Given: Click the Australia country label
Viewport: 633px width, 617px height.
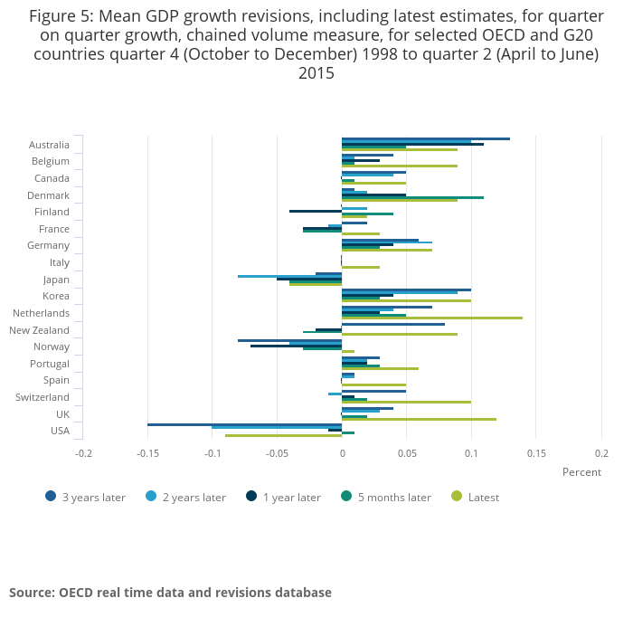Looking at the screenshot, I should click(49, 145).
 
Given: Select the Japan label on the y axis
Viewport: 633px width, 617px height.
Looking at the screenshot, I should click(55, 280).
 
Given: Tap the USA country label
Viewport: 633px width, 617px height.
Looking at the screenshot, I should click(60, 431).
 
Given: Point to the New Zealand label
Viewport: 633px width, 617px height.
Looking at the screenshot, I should click(39, 330).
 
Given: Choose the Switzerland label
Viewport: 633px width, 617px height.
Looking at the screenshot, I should click(43, 397).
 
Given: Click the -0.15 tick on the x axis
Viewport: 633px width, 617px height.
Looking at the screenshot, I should click(148, 452).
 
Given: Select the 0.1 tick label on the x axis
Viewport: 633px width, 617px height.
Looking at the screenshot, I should click(471, 452).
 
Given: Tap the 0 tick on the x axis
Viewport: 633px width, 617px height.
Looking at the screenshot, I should click(342, 452).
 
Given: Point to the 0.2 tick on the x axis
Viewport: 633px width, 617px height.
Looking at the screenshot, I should click(600, 452).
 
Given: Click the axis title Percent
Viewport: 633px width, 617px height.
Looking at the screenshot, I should click(581, 472).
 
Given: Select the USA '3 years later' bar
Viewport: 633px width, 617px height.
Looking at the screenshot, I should click(244, 424).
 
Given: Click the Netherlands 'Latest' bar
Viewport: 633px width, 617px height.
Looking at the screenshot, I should click(432, 318).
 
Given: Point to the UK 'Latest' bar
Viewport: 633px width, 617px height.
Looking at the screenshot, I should click(419, 419).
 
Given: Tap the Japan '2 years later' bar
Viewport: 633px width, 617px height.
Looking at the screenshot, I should click(289, 276).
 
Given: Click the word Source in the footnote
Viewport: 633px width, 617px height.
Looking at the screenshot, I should click(32, 593).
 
